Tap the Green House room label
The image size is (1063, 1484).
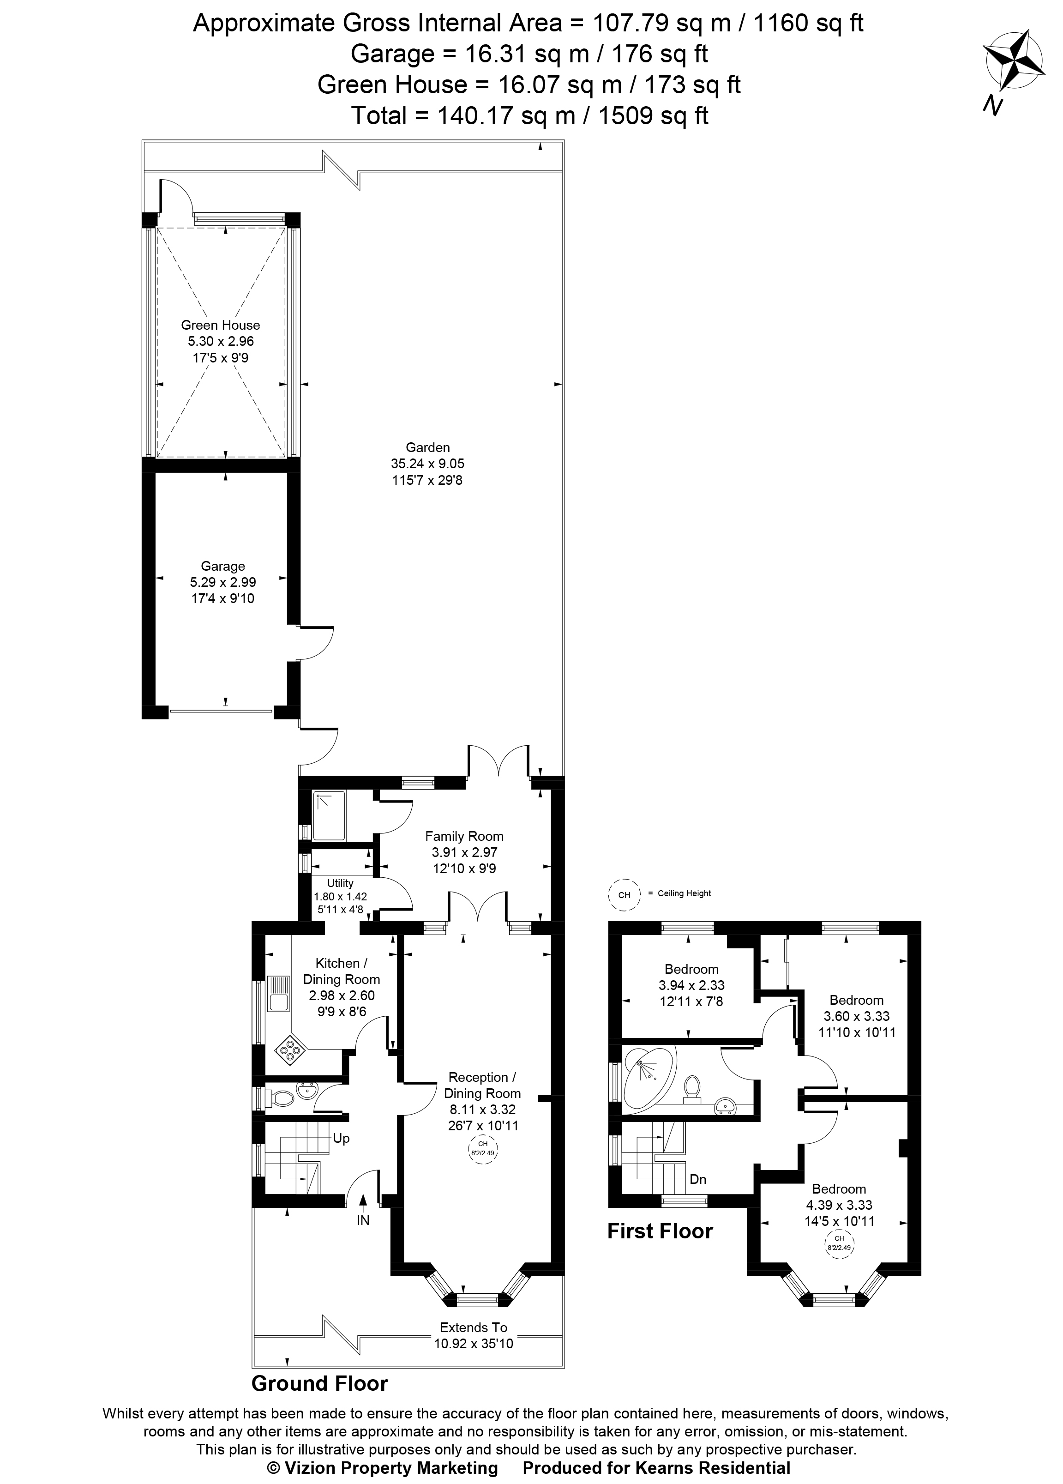pos(221,325)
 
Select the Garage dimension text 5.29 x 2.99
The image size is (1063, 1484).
pos(222,582)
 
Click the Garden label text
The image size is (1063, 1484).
pos(428,447)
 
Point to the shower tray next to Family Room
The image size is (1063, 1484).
pos(331,816)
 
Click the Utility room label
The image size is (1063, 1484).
pos(340,883)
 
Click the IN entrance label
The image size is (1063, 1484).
pos(363,1219)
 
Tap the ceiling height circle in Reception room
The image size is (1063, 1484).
pos(483,1148)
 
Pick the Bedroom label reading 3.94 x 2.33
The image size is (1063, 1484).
pos(691,985)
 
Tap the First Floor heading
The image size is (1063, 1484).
pos(660,1231)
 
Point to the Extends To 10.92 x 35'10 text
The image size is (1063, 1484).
pos(474,1335)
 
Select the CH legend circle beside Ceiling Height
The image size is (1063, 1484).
pos(624,894)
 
